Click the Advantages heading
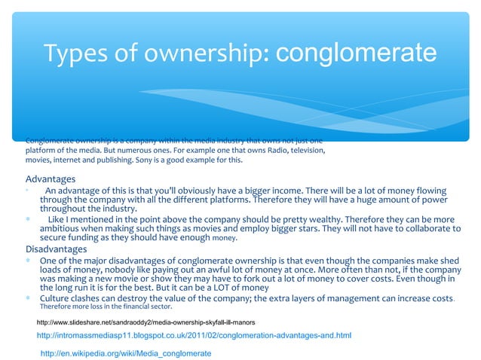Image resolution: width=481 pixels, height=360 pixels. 51,179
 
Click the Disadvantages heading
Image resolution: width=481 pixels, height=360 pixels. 57,249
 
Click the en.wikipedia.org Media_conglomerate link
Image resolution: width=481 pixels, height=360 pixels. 125,352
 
